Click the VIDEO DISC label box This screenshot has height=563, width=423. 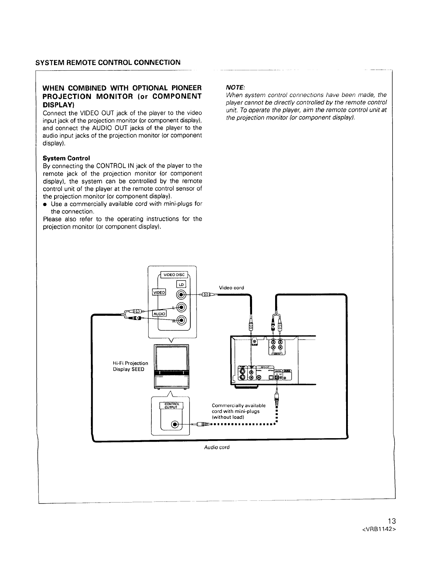174,274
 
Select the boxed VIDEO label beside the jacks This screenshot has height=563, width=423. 159,292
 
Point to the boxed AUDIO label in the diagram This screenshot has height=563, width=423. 159,314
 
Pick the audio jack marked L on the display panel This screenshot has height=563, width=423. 181,307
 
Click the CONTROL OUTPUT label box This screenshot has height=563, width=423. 170,405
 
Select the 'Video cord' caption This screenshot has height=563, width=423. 231,288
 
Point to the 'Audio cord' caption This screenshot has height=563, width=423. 217,447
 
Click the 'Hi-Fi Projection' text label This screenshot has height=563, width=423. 130,363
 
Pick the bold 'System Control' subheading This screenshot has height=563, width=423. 66,158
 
